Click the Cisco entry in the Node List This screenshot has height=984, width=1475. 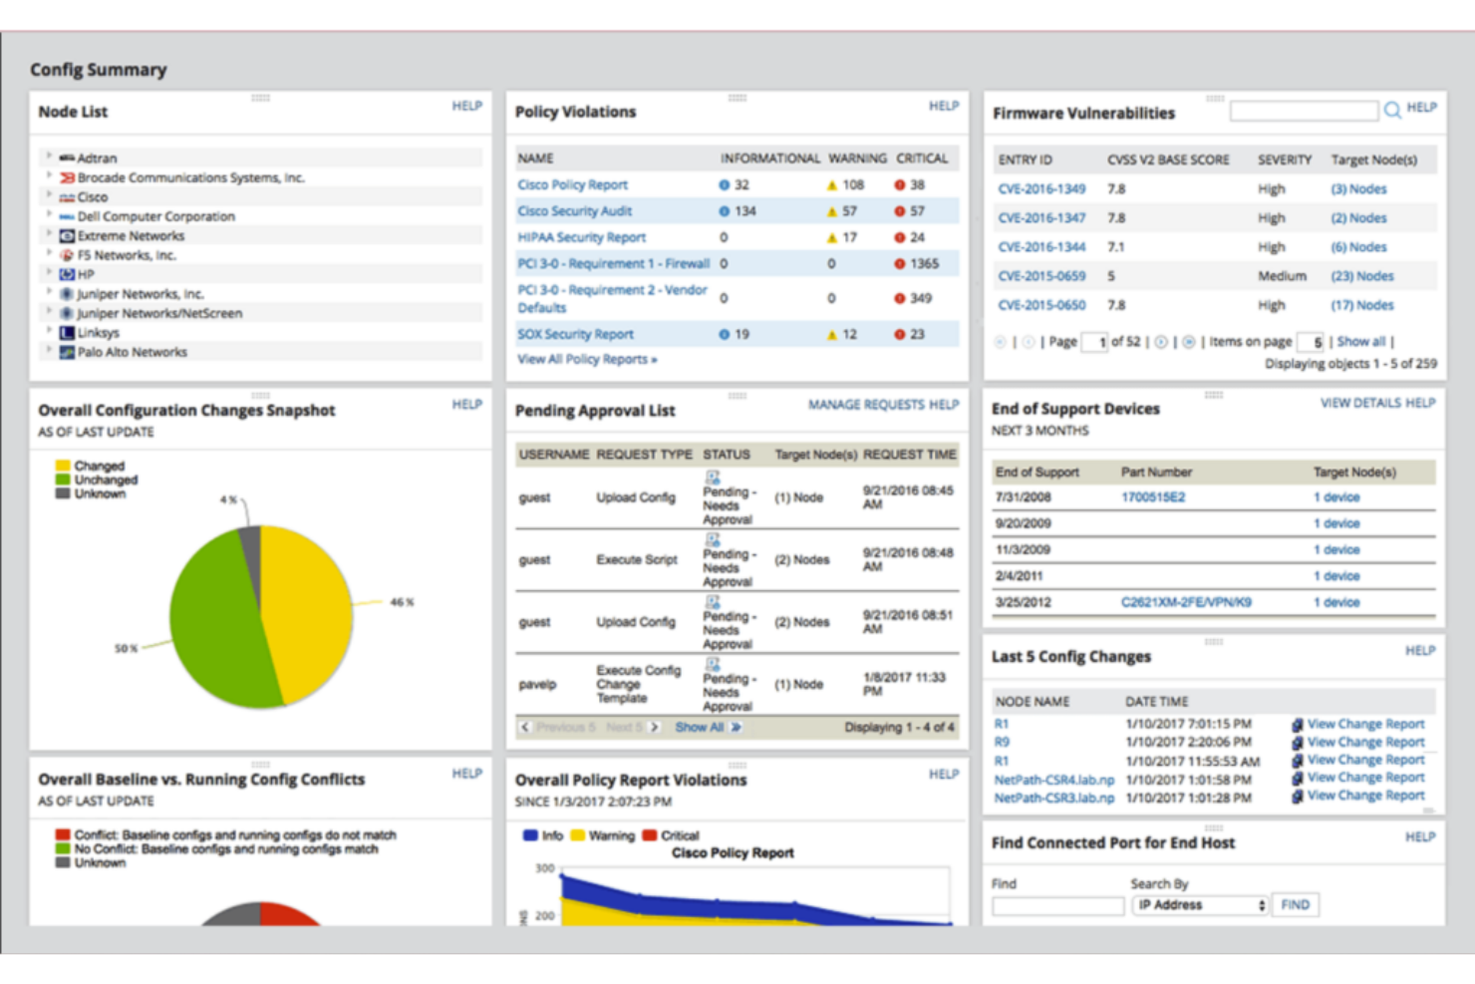coord(92,197)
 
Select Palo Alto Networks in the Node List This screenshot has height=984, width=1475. coord(132,352)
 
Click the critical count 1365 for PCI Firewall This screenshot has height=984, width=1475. coord(923,264)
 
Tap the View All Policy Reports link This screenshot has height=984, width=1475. coord(586,359)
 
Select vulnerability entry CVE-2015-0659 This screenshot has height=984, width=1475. coord(1041,276)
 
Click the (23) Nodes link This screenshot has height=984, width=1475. coord(1361,276)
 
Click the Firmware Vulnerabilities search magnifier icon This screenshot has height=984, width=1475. coord(1391,110)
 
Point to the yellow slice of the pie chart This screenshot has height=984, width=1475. coord(309,608)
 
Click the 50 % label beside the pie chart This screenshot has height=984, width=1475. coord(126,648)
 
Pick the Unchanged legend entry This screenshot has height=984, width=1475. coord(105,480)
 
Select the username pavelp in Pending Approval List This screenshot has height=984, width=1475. coord(537,685)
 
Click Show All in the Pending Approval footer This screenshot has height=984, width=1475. coord(700,728)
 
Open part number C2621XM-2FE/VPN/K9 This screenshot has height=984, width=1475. coord(1186,602)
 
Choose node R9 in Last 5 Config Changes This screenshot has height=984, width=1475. coord(1002,742)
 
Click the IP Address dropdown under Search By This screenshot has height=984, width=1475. coord(1200,905)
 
